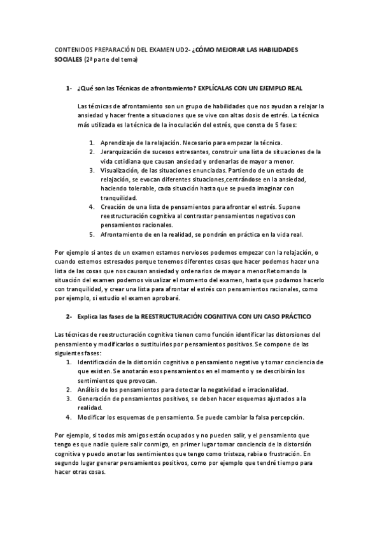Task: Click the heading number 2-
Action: click(x=68, y=316)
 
